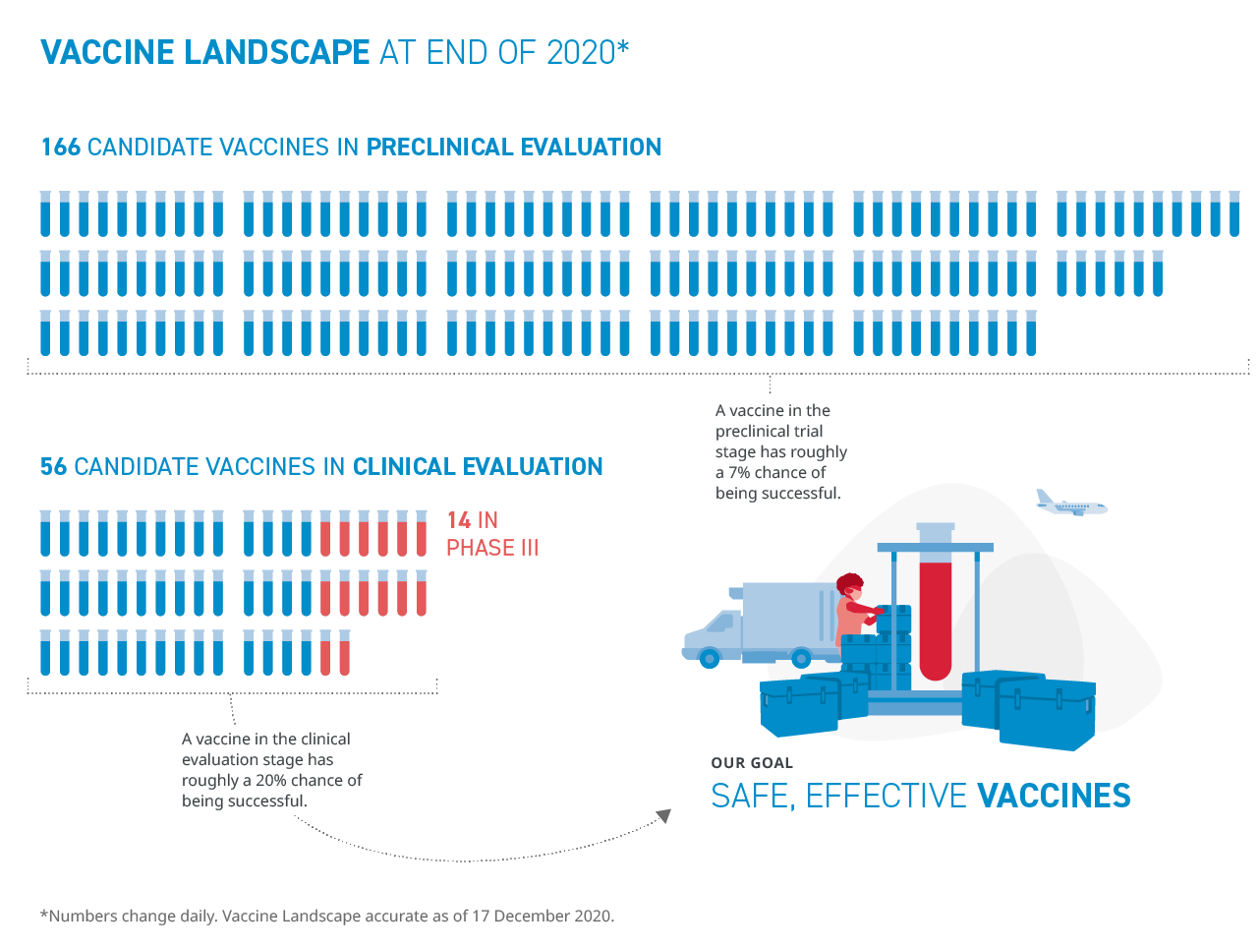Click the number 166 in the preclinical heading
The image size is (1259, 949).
pyautogui.click(x=60, y=148)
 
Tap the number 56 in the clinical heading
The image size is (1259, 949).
pyautogui.click(x=53, y=467)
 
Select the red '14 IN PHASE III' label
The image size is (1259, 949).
pyautogui.click(x=491, y=534)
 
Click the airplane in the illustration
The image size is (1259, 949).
pyautogui.click(x=1070, y=504)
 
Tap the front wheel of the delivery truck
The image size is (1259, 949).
pyautogui.click(x=710, y=658)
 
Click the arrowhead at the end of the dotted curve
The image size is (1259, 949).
pyautogui.click(x=663, y=816)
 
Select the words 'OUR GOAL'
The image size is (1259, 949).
pyautogui.click(x=752, y=763)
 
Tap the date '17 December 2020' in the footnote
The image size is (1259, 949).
pyautogui.click(x=542, y=917)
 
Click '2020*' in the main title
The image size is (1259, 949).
pyautogui.click(x=587, y=52)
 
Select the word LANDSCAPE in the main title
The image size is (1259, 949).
pyautogui.click(x=276, y=52)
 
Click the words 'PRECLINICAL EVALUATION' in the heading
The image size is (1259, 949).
pyautogui.click(x=513, y=148)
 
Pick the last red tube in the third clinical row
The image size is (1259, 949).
pyautogui.click(x=344, y=653)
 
